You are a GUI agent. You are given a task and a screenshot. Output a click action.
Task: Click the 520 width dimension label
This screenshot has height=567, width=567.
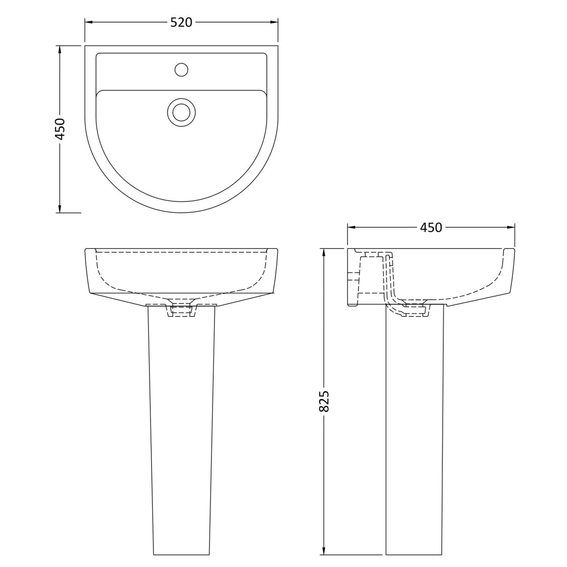(181, 22)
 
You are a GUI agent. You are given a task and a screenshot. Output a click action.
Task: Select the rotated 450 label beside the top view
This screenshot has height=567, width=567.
(60, 129)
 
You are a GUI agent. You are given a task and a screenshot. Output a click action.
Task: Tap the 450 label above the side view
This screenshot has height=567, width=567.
(430, 227)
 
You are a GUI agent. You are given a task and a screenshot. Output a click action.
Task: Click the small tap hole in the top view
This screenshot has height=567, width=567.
(181, 70)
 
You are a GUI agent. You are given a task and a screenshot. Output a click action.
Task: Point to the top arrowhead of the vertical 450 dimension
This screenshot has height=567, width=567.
(60, 50)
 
